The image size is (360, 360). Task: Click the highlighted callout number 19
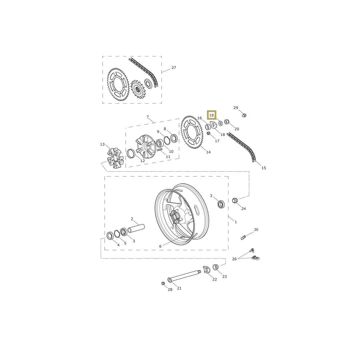(x=211, y=115)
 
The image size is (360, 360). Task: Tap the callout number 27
(x=174, y=68)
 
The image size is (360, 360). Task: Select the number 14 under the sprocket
(x=208, y=152)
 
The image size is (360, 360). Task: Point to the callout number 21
(x=179, y=288)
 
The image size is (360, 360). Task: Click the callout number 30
(x=256, y=230)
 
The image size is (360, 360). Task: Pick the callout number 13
(x=102, y=144)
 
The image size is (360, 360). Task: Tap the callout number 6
(x=160, y=246)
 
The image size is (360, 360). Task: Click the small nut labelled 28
(x=163, y=283)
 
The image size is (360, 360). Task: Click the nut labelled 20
(x=227, y=122)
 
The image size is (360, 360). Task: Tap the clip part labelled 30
(x=243, y=237)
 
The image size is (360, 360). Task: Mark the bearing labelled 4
(x=110, y=235)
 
